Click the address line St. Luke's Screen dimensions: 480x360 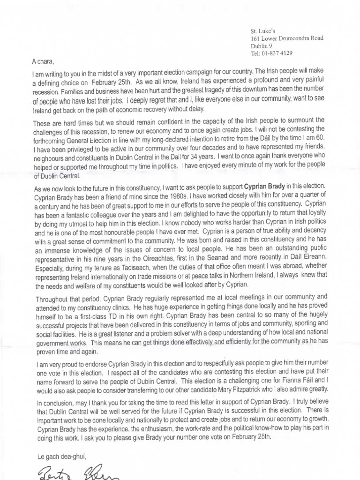(x=262, y=30)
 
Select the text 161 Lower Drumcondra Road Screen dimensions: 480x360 (x=286, y=38)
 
